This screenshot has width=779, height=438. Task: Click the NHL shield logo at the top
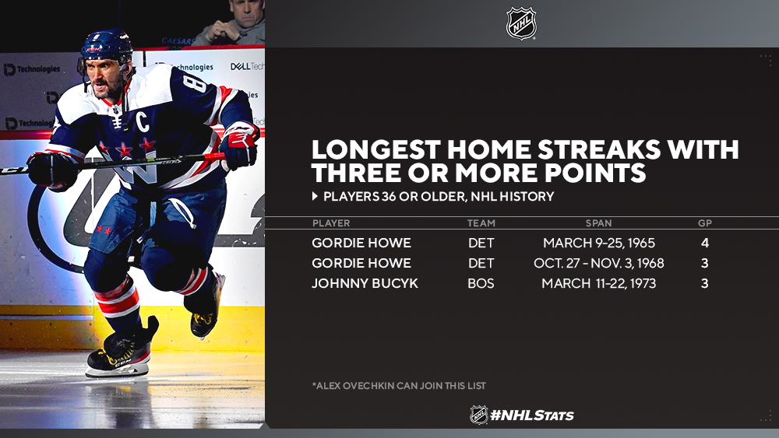coord(520,23)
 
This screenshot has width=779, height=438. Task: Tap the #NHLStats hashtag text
coord(531,415)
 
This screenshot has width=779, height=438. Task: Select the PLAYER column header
coord(331,223)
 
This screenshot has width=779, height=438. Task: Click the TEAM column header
coord(481,223)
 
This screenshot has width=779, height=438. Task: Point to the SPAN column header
coord(598,223)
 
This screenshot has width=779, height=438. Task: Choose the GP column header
coord(704,223)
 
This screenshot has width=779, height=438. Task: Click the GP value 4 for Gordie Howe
coord(705,243)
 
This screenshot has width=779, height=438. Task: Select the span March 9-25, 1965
coord(598,243)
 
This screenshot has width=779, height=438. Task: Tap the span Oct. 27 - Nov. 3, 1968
coord(598,263)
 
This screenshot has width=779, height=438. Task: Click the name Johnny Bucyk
coord(365,283)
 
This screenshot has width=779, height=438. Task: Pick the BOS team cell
coord(481,283)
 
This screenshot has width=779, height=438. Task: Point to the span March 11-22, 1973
coord(598,283)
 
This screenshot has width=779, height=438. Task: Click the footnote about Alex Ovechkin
coord(399,385)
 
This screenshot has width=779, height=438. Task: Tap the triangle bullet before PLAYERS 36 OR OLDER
coord(315,196)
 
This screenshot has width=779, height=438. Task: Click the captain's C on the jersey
coord(143,121)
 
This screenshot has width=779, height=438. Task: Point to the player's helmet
coord(106,44)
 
